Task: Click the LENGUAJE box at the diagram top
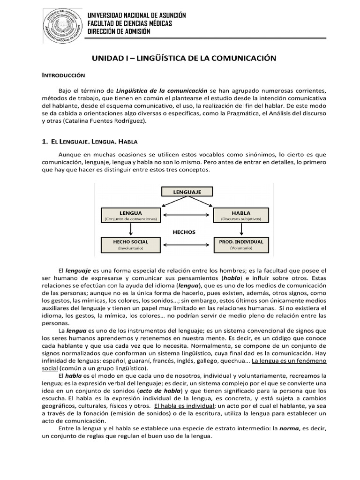[187, 192]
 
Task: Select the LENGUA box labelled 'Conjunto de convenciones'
[131, 215]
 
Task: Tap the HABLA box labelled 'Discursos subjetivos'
[241, 215]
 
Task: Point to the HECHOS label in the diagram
[184, 232]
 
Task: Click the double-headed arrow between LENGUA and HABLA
[187, 216]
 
